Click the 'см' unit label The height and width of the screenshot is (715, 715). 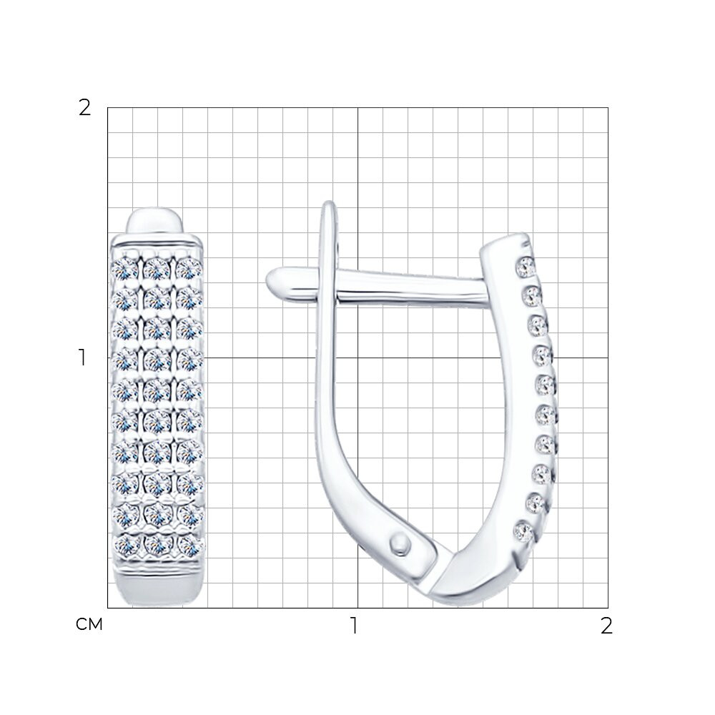coord(89,624)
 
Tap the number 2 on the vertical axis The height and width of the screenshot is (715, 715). coord(85,108)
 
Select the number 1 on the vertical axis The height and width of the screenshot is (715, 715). coord(82,357)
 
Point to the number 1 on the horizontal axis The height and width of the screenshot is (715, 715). coord(355,626)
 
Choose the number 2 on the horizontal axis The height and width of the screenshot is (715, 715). coord(606,626)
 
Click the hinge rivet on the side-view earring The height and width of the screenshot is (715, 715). coord(400,544)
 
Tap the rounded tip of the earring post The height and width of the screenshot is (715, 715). coord(275,280)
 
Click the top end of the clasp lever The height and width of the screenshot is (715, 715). coord(329,205)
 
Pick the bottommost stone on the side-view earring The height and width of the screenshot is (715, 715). coord(523,532)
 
